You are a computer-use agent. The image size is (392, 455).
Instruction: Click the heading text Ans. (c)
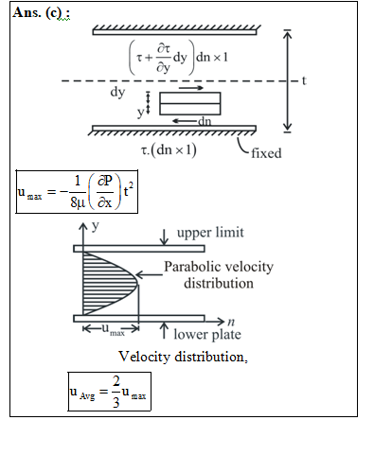click(41, 13)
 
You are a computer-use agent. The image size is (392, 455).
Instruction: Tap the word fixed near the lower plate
click(266, 153)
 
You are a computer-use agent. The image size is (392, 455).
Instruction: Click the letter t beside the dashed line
click(304, 80)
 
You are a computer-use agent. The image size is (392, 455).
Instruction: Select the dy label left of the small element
click(117, 93)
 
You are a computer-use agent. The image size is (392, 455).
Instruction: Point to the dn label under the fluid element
click(205, 121)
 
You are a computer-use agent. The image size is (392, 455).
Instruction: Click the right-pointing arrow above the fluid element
click(191, 88)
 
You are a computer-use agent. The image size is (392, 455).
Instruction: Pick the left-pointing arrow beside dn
click(185, 121)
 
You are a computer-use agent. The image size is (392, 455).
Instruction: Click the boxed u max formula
click(77, 192)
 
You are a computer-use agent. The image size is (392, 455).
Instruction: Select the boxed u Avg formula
click(110, 392)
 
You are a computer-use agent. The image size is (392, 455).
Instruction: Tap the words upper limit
click(210, 233)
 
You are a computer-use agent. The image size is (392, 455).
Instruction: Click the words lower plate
click(207, 334)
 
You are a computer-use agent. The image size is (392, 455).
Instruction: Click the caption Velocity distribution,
click(184, 357)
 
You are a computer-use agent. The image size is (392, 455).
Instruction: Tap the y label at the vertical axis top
click(96, 226)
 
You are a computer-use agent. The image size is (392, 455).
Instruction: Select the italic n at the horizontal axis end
click(231, 322)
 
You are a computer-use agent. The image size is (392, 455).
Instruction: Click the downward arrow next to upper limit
click(164, 237)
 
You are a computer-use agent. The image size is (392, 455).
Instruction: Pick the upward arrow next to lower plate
click(164, 330)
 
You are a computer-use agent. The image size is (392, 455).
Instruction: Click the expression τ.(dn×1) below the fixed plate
click(169, 150)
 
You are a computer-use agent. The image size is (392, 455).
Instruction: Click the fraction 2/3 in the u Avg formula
click(116, 392)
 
